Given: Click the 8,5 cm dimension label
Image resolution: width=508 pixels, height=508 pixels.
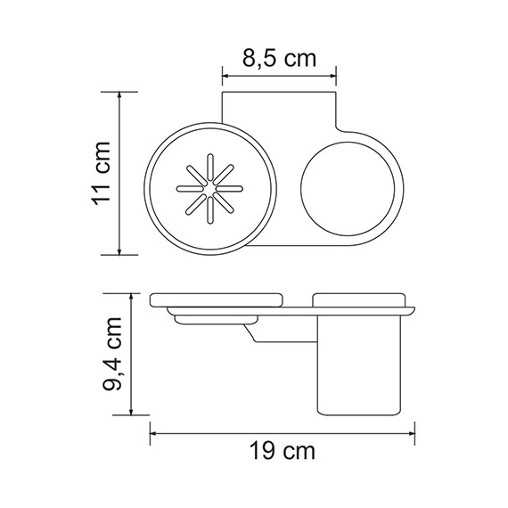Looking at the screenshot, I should tap(278, 59).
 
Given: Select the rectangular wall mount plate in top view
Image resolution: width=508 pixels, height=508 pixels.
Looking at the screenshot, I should tap(278, 111).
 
